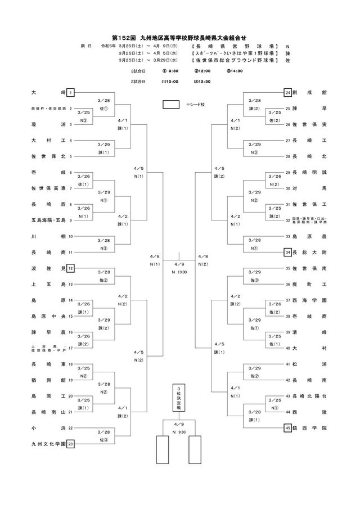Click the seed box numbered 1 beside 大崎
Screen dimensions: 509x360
pyautogui.click(x=71, y=92)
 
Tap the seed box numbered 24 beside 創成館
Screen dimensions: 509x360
pyautogui.click(x=287, y=92)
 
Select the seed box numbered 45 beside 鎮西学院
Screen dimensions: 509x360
pyautogui.click(x=287, y=427)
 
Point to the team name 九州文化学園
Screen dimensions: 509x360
pyautogui.click(x=48, y=444)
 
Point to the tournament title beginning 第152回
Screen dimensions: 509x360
pyautogui.click(x=179, y=34)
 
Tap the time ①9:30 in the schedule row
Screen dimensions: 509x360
pyautogui.click(x=170, y=71)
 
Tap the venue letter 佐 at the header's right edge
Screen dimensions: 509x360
pyautogui.click(x=287, y=59)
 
